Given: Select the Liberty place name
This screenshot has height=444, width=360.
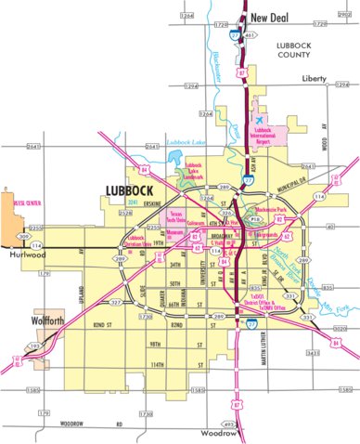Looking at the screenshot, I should (x=313, y=80).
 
